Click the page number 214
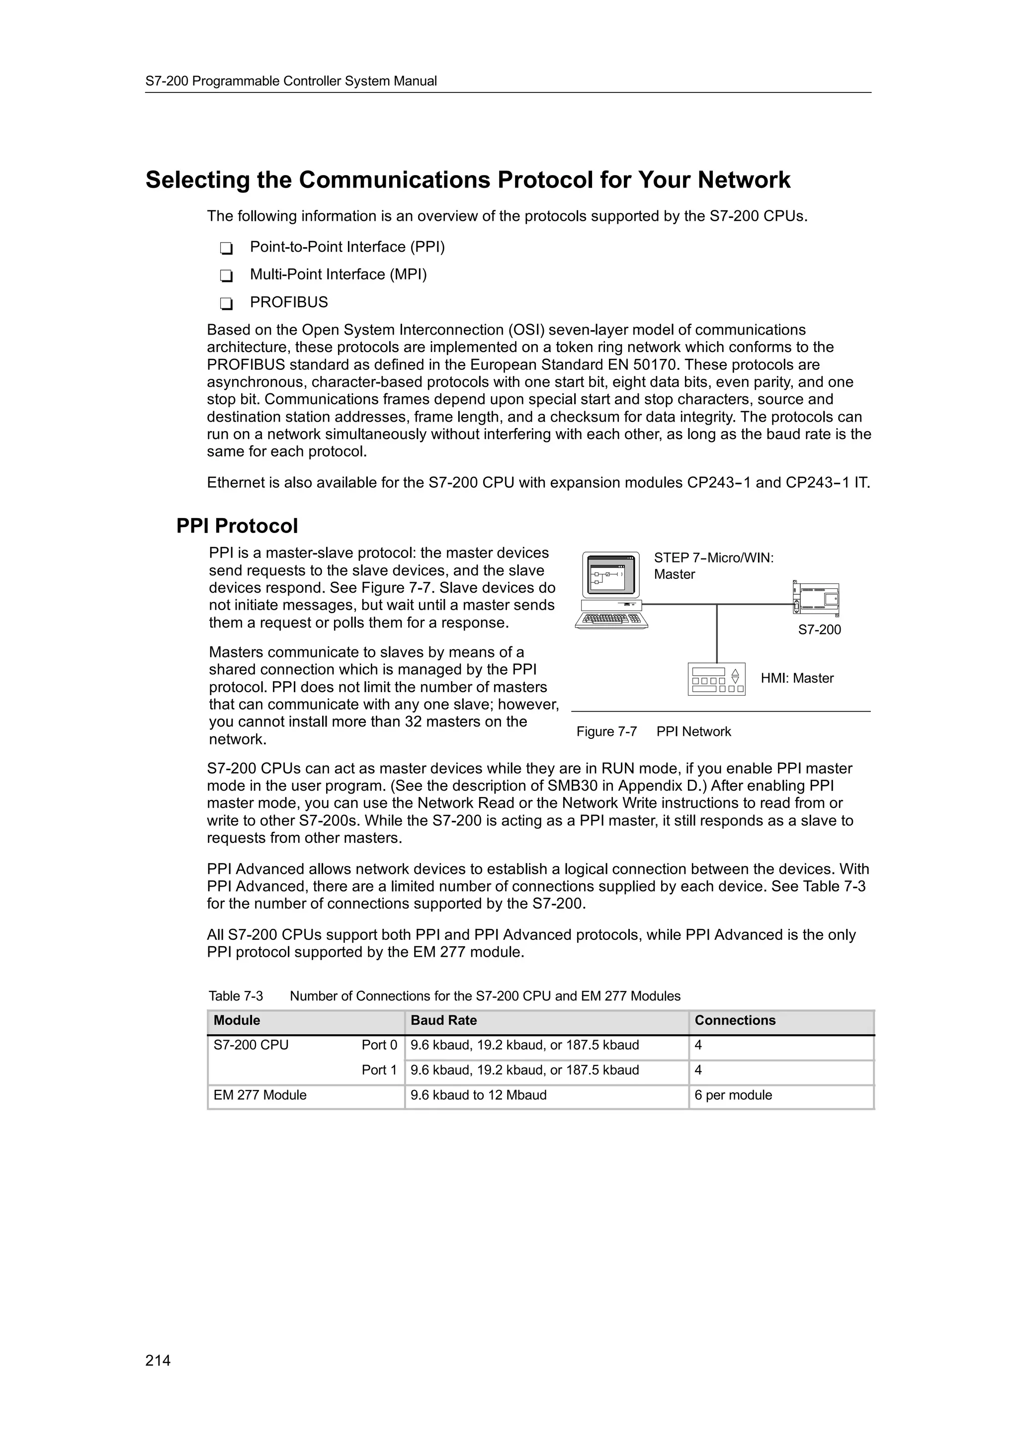[x=158, y=1360]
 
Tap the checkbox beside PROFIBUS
[x=227, y=304]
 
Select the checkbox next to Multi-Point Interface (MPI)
[x=227, y=276]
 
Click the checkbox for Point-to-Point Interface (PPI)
[x=227, y=249]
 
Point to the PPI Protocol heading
[x=237, y=526]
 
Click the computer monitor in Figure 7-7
[x=610, y=574]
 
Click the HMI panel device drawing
[x=716, y=678]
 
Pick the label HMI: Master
[x=797, y=678]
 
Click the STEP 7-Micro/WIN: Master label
[x=713, y=566]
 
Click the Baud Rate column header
[x=443, y=1020]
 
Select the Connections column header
[x=735, y=1020]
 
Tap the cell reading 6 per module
[x=733, y=1095]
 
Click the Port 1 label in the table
[x=379, y=1070]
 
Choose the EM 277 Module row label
[x=259, y=1095]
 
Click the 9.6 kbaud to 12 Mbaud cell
[x=478, y=1095]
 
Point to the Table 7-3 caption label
[x=236, y=996]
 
